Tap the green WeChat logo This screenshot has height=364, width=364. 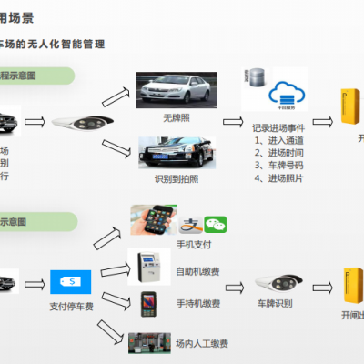pyautogui.click(x=215, y=222)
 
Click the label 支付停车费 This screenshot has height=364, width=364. pyautogui.click(x=71, y=308)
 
